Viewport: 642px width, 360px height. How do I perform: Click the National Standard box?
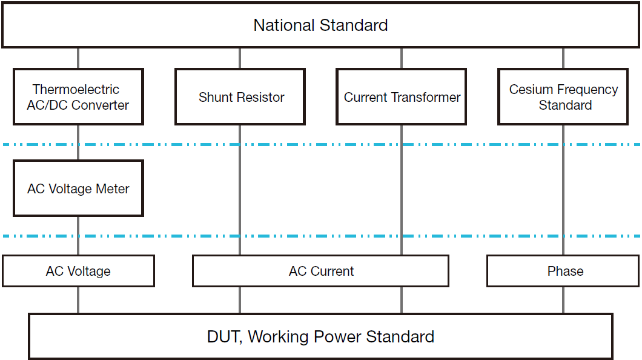[320, 25]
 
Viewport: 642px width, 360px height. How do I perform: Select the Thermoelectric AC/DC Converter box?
[78, 97]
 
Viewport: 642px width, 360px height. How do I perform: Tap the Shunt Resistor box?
[240, 97]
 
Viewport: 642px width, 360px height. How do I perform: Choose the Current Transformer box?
[401, 97]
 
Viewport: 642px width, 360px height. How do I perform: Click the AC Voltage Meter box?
[78, 188]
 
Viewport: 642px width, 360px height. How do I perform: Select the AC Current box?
[320, 271]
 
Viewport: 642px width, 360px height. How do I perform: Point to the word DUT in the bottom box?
[224, 337]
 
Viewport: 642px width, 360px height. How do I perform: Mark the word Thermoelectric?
[76, 90]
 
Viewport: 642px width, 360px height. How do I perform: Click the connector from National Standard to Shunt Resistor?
[240, 58]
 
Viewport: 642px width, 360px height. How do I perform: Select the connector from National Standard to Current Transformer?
[401, 58]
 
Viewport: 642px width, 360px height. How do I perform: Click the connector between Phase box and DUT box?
[563, 300]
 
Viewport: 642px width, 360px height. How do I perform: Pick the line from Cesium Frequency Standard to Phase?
[563, 188]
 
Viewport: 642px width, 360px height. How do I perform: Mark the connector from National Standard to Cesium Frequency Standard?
[563, 58]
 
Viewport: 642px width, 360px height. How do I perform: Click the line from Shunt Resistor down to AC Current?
[240, 188]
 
